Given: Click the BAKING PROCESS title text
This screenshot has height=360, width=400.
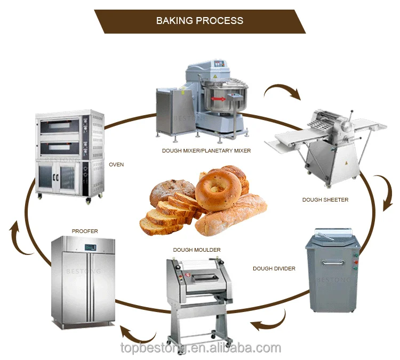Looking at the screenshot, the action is coord(199,21).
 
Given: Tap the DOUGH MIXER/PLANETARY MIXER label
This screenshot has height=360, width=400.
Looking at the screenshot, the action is coord(206,151).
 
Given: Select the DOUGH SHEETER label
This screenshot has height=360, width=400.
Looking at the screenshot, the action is coord(325,200).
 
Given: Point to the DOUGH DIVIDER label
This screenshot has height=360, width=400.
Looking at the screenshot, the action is coord(274,269).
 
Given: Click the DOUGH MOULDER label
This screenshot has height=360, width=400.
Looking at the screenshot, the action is coord(197,250).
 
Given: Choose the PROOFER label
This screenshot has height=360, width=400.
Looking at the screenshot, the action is coord(85,231).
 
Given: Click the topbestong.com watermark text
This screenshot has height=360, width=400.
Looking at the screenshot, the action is coord(199,349).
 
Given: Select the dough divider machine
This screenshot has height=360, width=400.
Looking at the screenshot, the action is coord(332,272).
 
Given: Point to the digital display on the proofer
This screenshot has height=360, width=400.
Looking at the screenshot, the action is coord(89,246).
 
